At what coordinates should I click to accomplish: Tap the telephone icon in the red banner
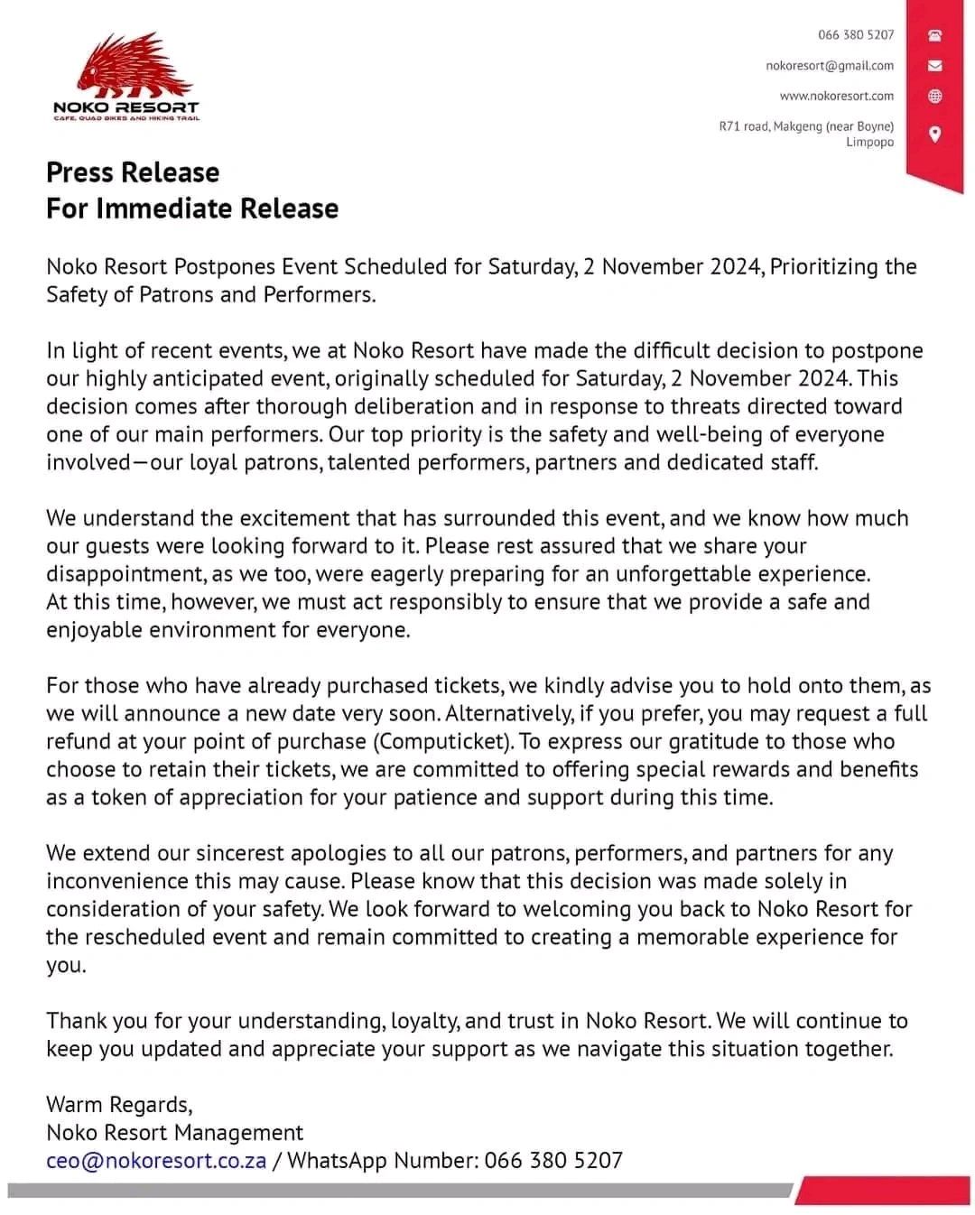coord(935,36)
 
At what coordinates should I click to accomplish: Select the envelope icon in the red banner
coord(935,66)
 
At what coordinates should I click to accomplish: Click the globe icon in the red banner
coord(935,97)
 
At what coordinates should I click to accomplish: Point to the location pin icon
coord(935,134)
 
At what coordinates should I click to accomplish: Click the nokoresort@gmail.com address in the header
coord(830,66)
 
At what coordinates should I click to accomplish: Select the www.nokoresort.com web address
coord(837,96)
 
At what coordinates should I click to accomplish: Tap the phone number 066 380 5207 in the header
coord(856,35)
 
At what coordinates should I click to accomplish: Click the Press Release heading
coord(133,172)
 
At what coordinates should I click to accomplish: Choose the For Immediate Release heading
coord(192,209)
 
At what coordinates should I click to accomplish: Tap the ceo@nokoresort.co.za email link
coord(156,1161)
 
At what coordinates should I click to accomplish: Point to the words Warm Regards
coord(119,1105)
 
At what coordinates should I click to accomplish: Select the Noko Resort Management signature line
coord(174,1133)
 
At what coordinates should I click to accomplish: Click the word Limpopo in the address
coord(869,142)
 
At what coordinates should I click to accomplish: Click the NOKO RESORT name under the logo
coord(126,107)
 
